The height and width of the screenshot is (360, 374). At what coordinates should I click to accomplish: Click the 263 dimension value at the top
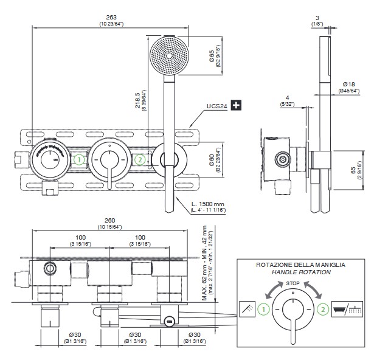(x=110, y=16)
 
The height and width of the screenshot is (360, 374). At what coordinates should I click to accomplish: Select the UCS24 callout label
(x=216, y=106)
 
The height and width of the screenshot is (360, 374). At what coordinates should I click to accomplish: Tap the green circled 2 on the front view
(x=139, y=160)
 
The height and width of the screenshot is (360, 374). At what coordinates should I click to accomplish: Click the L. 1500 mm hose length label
(x=207, y=204)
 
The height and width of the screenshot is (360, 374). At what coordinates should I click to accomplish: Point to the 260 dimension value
(x=109, y=220)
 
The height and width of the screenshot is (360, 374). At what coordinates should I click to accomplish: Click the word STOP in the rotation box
(x=293, y=283)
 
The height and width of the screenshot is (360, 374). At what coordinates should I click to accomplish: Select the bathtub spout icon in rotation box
(x=350, y=309)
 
